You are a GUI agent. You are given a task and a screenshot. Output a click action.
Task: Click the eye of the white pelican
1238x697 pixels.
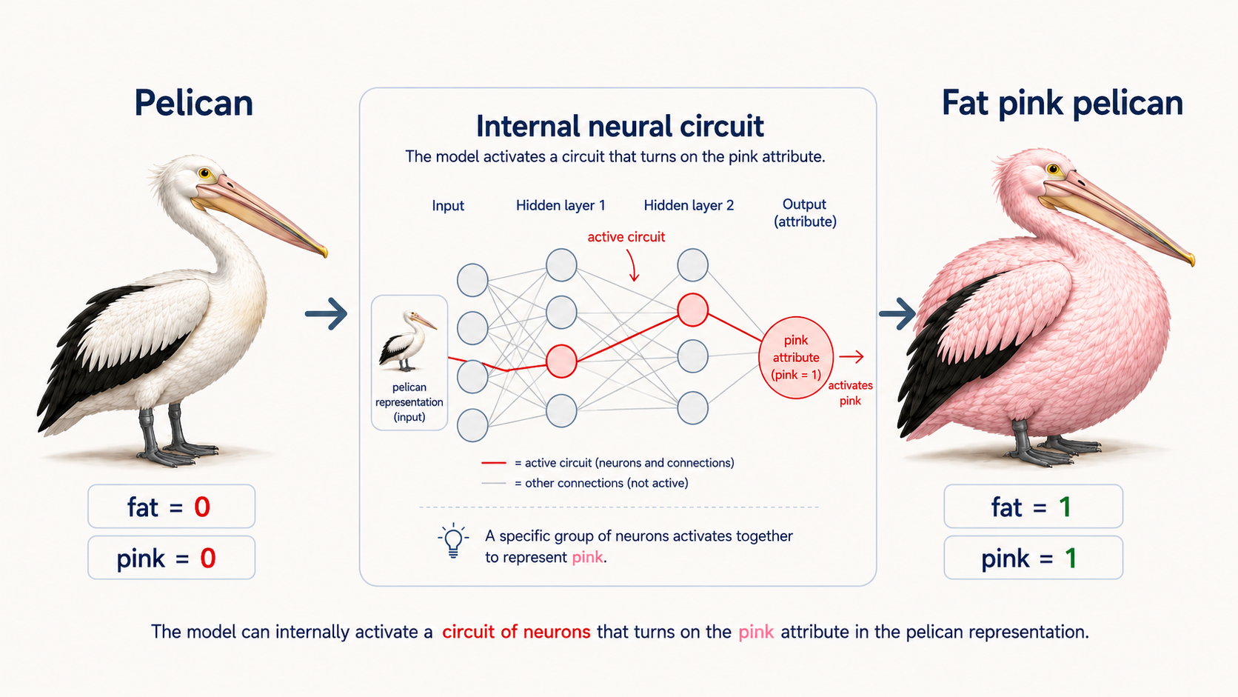click(205, 173)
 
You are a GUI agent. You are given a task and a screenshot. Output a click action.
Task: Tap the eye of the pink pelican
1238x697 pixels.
click(1054, 169)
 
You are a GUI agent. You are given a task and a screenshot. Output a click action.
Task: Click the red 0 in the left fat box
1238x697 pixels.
click(202, 507)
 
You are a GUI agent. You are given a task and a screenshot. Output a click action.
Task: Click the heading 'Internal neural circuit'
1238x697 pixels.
click(620, 126)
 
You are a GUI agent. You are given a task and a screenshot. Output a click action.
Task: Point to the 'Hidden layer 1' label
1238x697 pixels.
click(561, 206)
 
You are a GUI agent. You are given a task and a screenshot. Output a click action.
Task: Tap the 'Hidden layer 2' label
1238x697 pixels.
click(689, 206)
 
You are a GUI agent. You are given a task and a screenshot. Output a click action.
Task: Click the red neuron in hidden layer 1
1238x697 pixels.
click(561, 361)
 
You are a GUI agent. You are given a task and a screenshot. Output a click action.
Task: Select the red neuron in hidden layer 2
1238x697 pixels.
click(693, 310)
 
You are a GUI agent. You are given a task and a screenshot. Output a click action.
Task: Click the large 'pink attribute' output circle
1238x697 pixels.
click(796, 358)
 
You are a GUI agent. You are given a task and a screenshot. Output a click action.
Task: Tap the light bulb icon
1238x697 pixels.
click(453, 541)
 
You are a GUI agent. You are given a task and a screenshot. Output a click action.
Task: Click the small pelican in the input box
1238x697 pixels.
click(407, 341)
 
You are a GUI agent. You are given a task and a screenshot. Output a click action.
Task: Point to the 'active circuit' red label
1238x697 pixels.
click(626, 237)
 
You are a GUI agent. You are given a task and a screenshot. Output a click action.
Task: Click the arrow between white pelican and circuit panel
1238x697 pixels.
click(326, 314)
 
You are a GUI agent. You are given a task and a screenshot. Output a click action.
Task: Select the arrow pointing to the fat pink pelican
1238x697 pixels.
click(897, 314)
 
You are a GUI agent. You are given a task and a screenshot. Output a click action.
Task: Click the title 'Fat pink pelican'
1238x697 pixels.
click(1063, 104)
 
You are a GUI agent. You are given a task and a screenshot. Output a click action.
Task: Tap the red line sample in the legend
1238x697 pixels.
click(494, 463)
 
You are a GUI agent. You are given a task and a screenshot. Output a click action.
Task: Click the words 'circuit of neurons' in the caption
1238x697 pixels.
click(516, 632)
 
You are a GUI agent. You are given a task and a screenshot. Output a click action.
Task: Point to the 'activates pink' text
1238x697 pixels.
click(850, 393)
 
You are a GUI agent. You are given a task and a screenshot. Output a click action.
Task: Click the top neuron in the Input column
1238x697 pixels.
click(472, 280)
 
